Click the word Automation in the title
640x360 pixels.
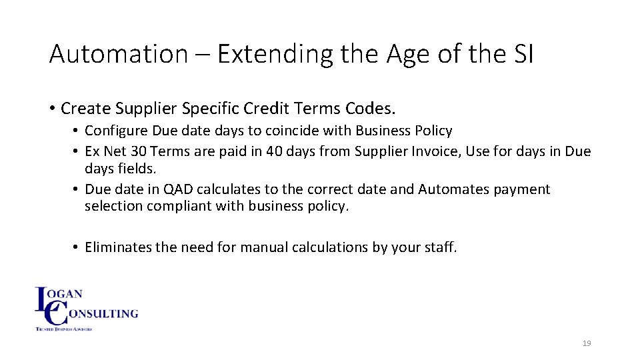pyautogui.click(x=119, y=54)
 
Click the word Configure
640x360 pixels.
pyautogui.click(x=117, y=131)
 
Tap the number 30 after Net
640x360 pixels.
pyautogui.click(x=139, y=151)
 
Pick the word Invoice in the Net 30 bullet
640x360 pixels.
pyautogui.click(x=434, y=151)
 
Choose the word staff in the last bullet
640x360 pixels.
pyautogui.click(x=439, y=247)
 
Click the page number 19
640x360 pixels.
pyautogui.click(x=587, y=343)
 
